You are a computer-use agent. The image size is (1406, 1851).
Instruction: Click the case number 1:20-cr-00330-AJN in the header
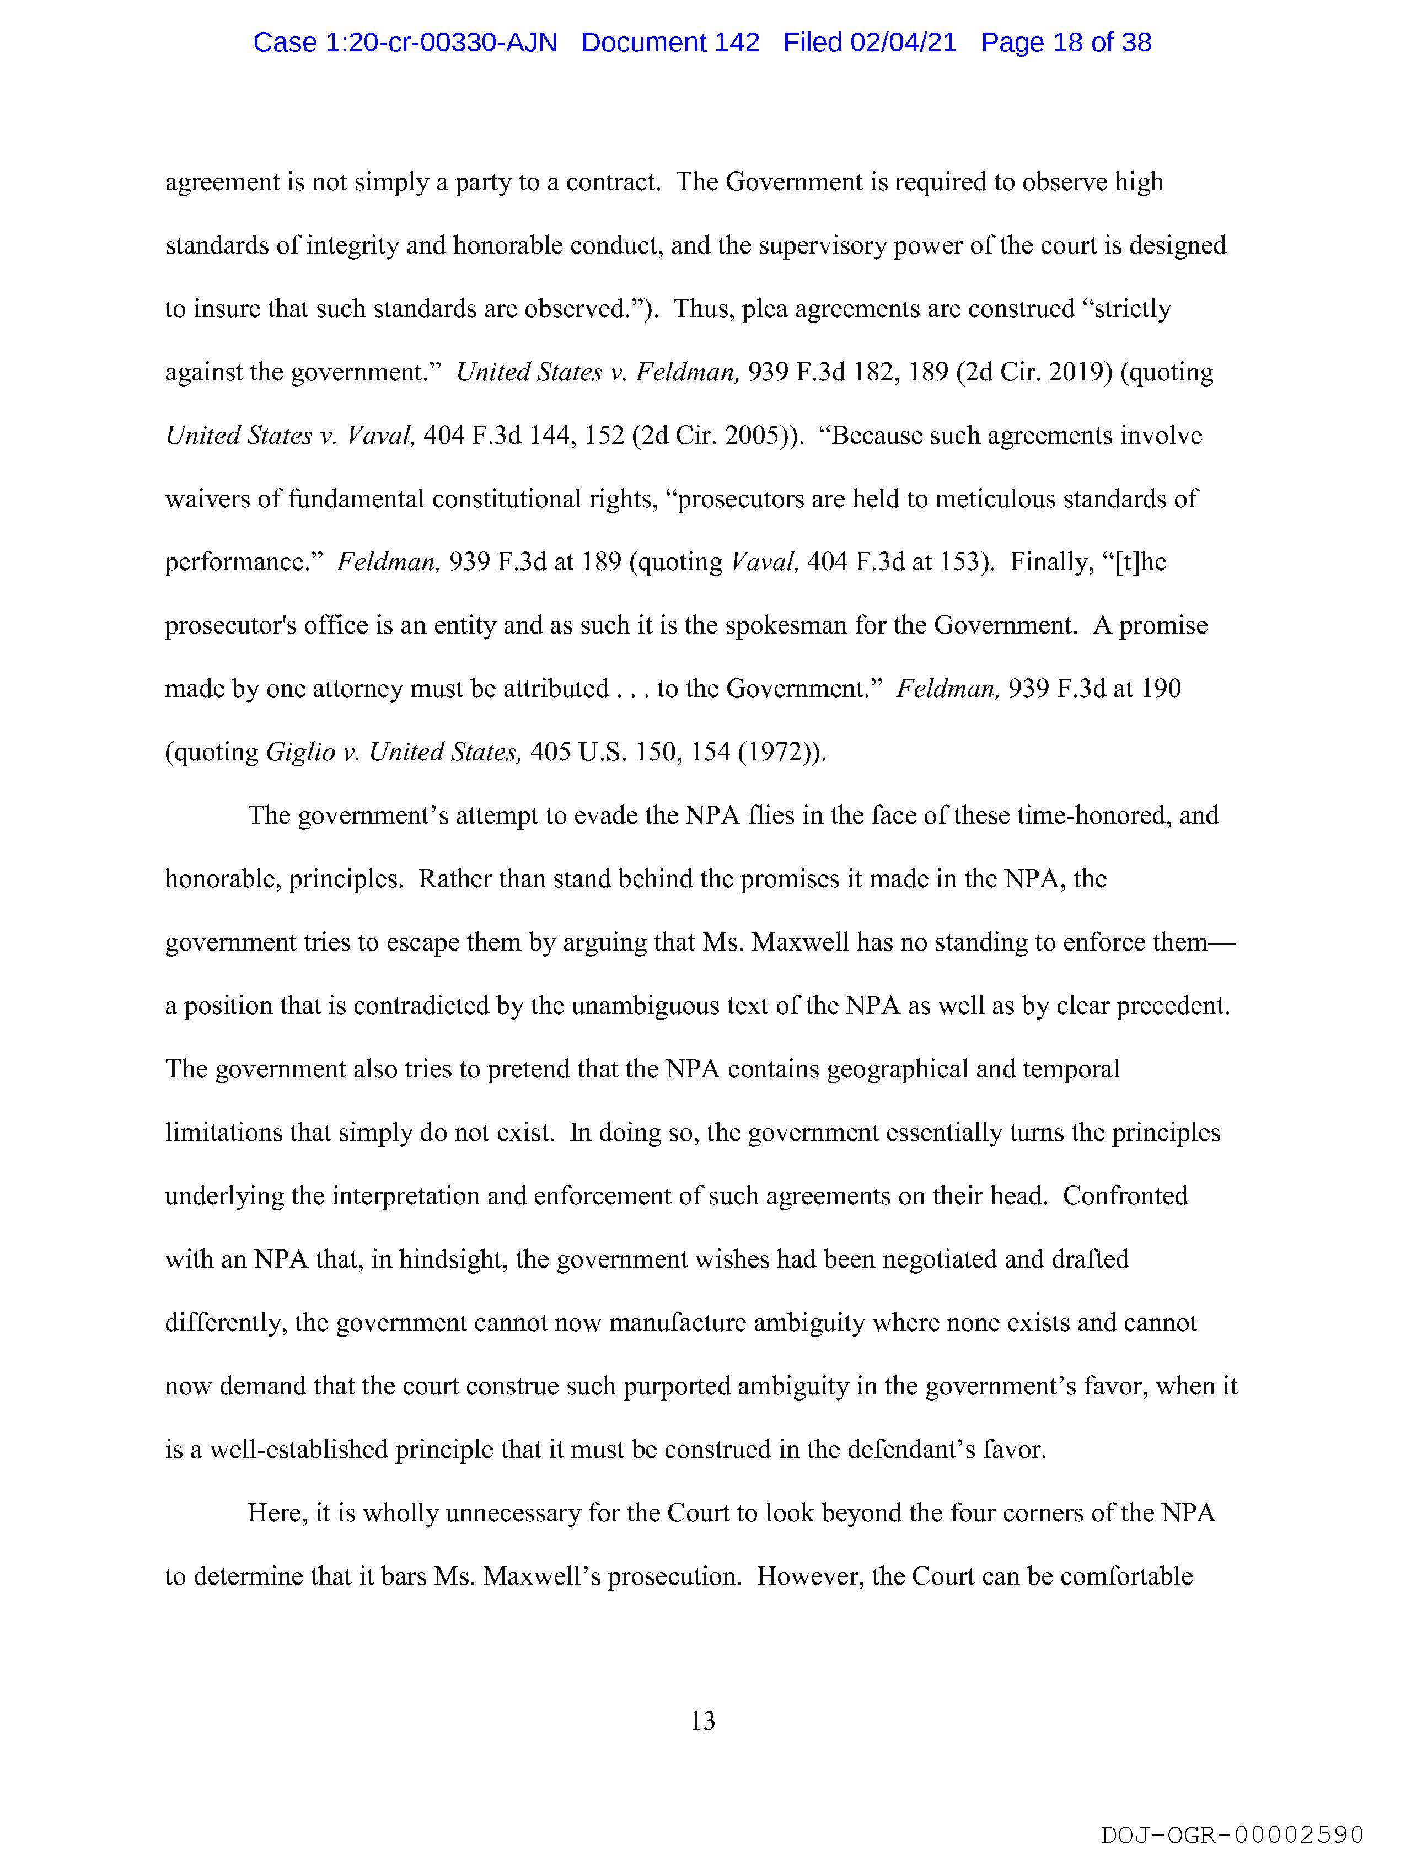click(x=405, y=42)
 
